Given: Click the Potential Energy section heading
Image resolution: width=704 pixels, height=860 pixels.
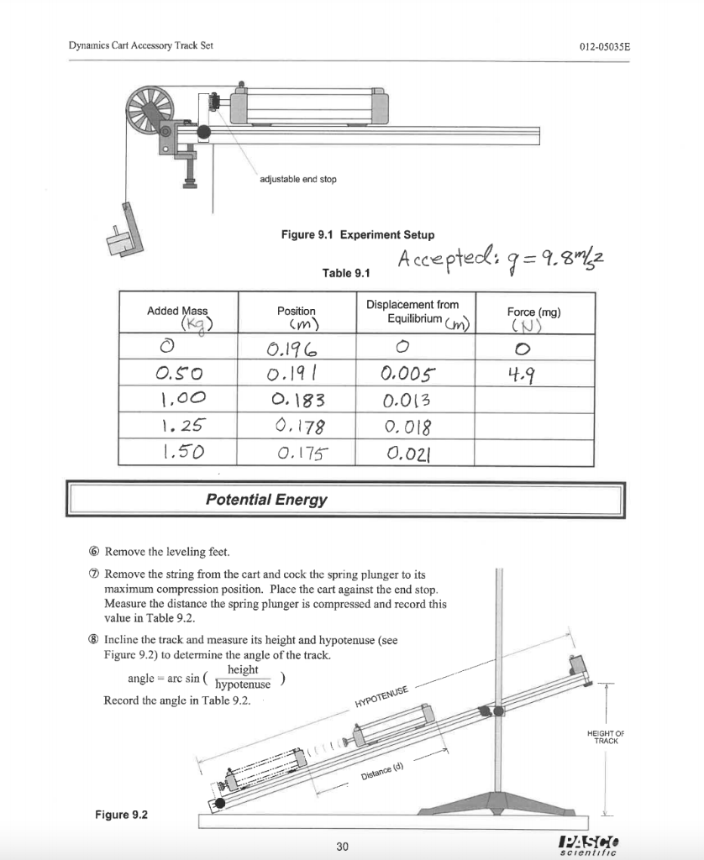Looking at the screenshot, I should click(x=266, y=500).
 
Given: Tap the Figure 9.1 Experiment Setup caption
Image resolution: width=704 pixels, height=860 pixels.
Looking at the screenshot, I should click(x=358, y=235).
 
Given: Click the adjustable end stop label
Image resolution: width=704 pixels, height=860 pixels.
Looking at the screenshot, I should click(x=297, y=180).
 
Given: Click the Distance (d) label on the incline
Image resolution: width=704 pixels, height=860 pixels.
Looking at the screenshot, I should click(x=382, y=770).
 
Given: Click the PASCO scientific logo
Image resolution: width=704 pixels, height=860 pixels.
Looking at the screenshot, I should click(x=601, y=842).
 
